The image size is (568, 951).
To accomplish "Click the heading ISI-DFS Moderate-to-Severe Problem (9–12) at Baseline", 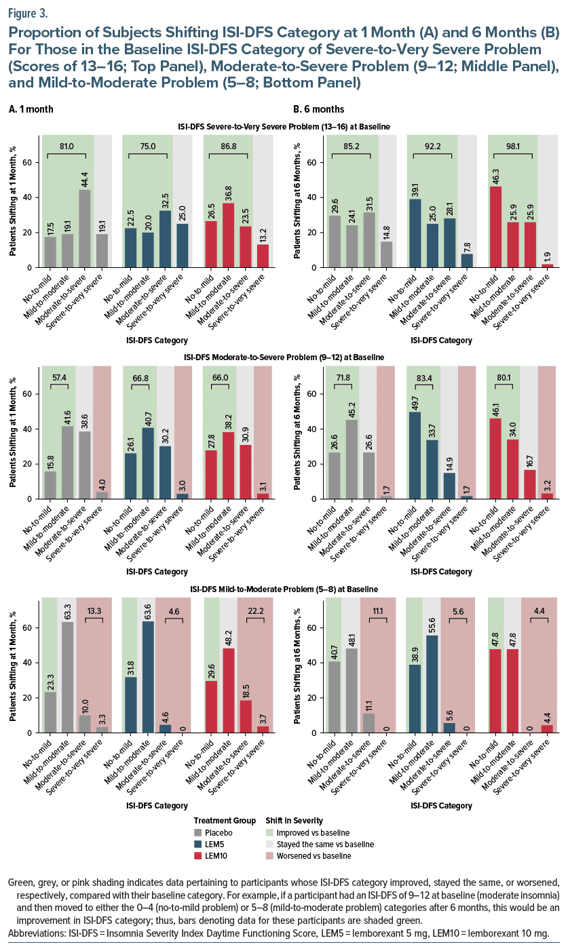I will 284,357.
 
